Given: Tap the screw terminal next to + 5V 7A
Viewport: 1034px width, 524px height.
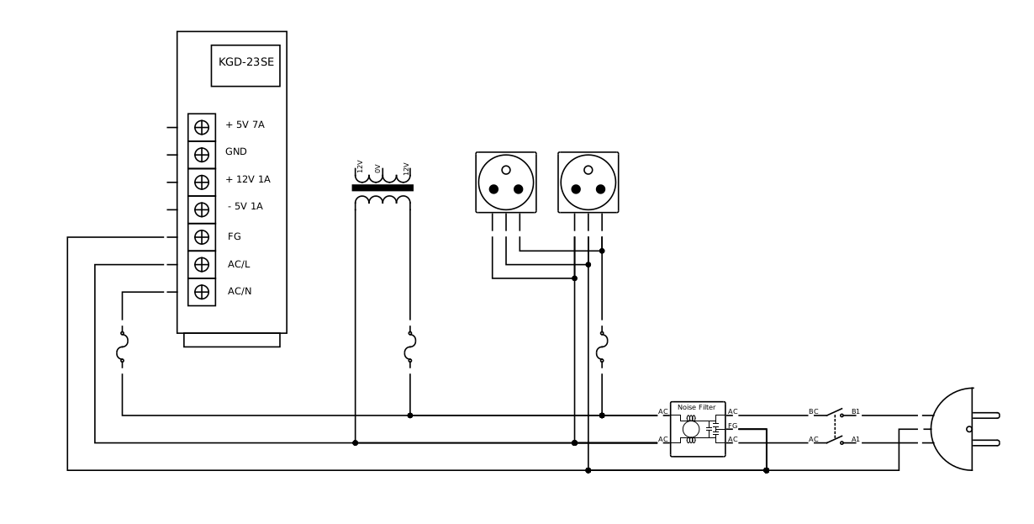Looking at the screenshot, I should (202, 127).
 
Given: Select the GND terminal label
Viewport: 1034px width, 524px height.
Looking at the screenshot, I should (236, 152).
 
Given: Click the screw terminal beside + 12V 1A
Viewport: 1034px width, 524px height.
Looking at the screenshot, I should (202, 182).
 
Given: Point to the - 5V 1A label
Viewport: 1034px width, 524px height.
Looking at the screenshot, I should (245, 207).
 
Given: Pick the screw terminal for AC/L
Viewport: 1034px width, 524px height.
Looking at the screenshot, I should (202, 264).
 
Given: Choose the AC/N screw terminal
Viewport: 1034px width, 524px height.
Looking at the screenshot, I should (202, 292).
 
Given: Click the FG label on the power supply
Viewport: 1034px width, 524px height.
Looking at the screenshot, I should (235, 237).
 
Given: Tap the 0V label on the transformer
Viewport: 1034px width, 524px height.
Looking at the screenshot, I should (378, 169).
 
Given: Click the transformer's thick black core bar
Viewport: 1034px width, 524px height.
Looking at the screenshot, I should (382, 188).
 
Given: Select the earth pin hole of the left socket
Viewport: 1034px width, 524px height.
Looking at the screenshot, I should (506, 170).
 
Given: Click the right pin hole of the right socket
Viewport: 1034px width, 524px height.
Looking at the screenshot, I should (600, 189).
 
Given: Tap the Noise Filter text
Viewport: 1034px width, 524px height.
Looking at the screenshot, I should (697, 408).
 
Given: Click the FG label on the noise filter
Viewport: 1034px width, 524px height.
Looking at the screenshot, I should (733, 426).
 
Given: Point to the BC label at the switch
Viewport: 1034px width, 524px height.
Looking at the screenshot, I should (813, 412).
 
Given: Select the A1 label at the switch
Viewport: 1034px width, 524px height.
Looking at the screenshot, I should (856, 440).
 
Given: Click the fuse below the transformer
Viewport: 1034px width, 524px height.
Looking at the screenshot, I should (410, 347).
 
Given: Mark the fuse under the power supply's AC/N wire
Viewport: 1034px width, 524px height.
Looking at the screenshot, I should (122, 347).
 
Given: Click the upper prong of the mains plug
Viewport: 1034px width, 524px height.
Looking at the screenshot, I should (986, 415).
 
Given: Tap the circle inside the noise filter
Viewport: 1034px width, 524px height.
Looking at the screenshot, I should (691, 429).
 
